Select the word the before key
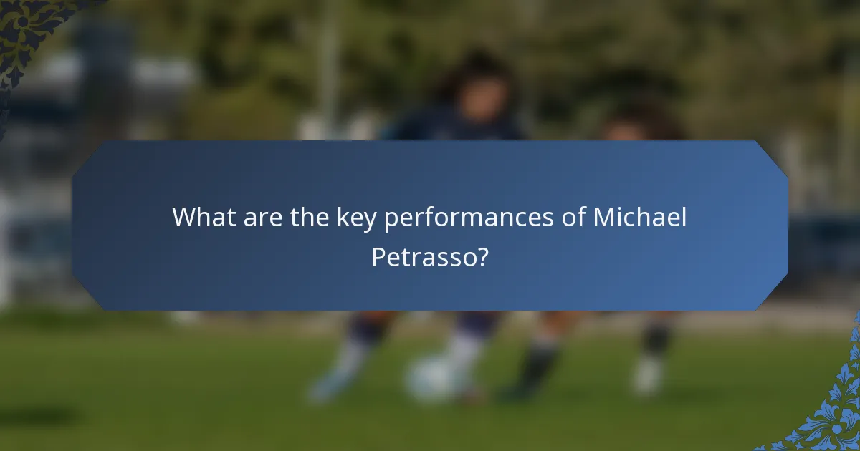310,217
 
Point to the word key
357,218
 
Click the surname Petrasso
423,257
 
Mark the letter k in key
342,217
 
